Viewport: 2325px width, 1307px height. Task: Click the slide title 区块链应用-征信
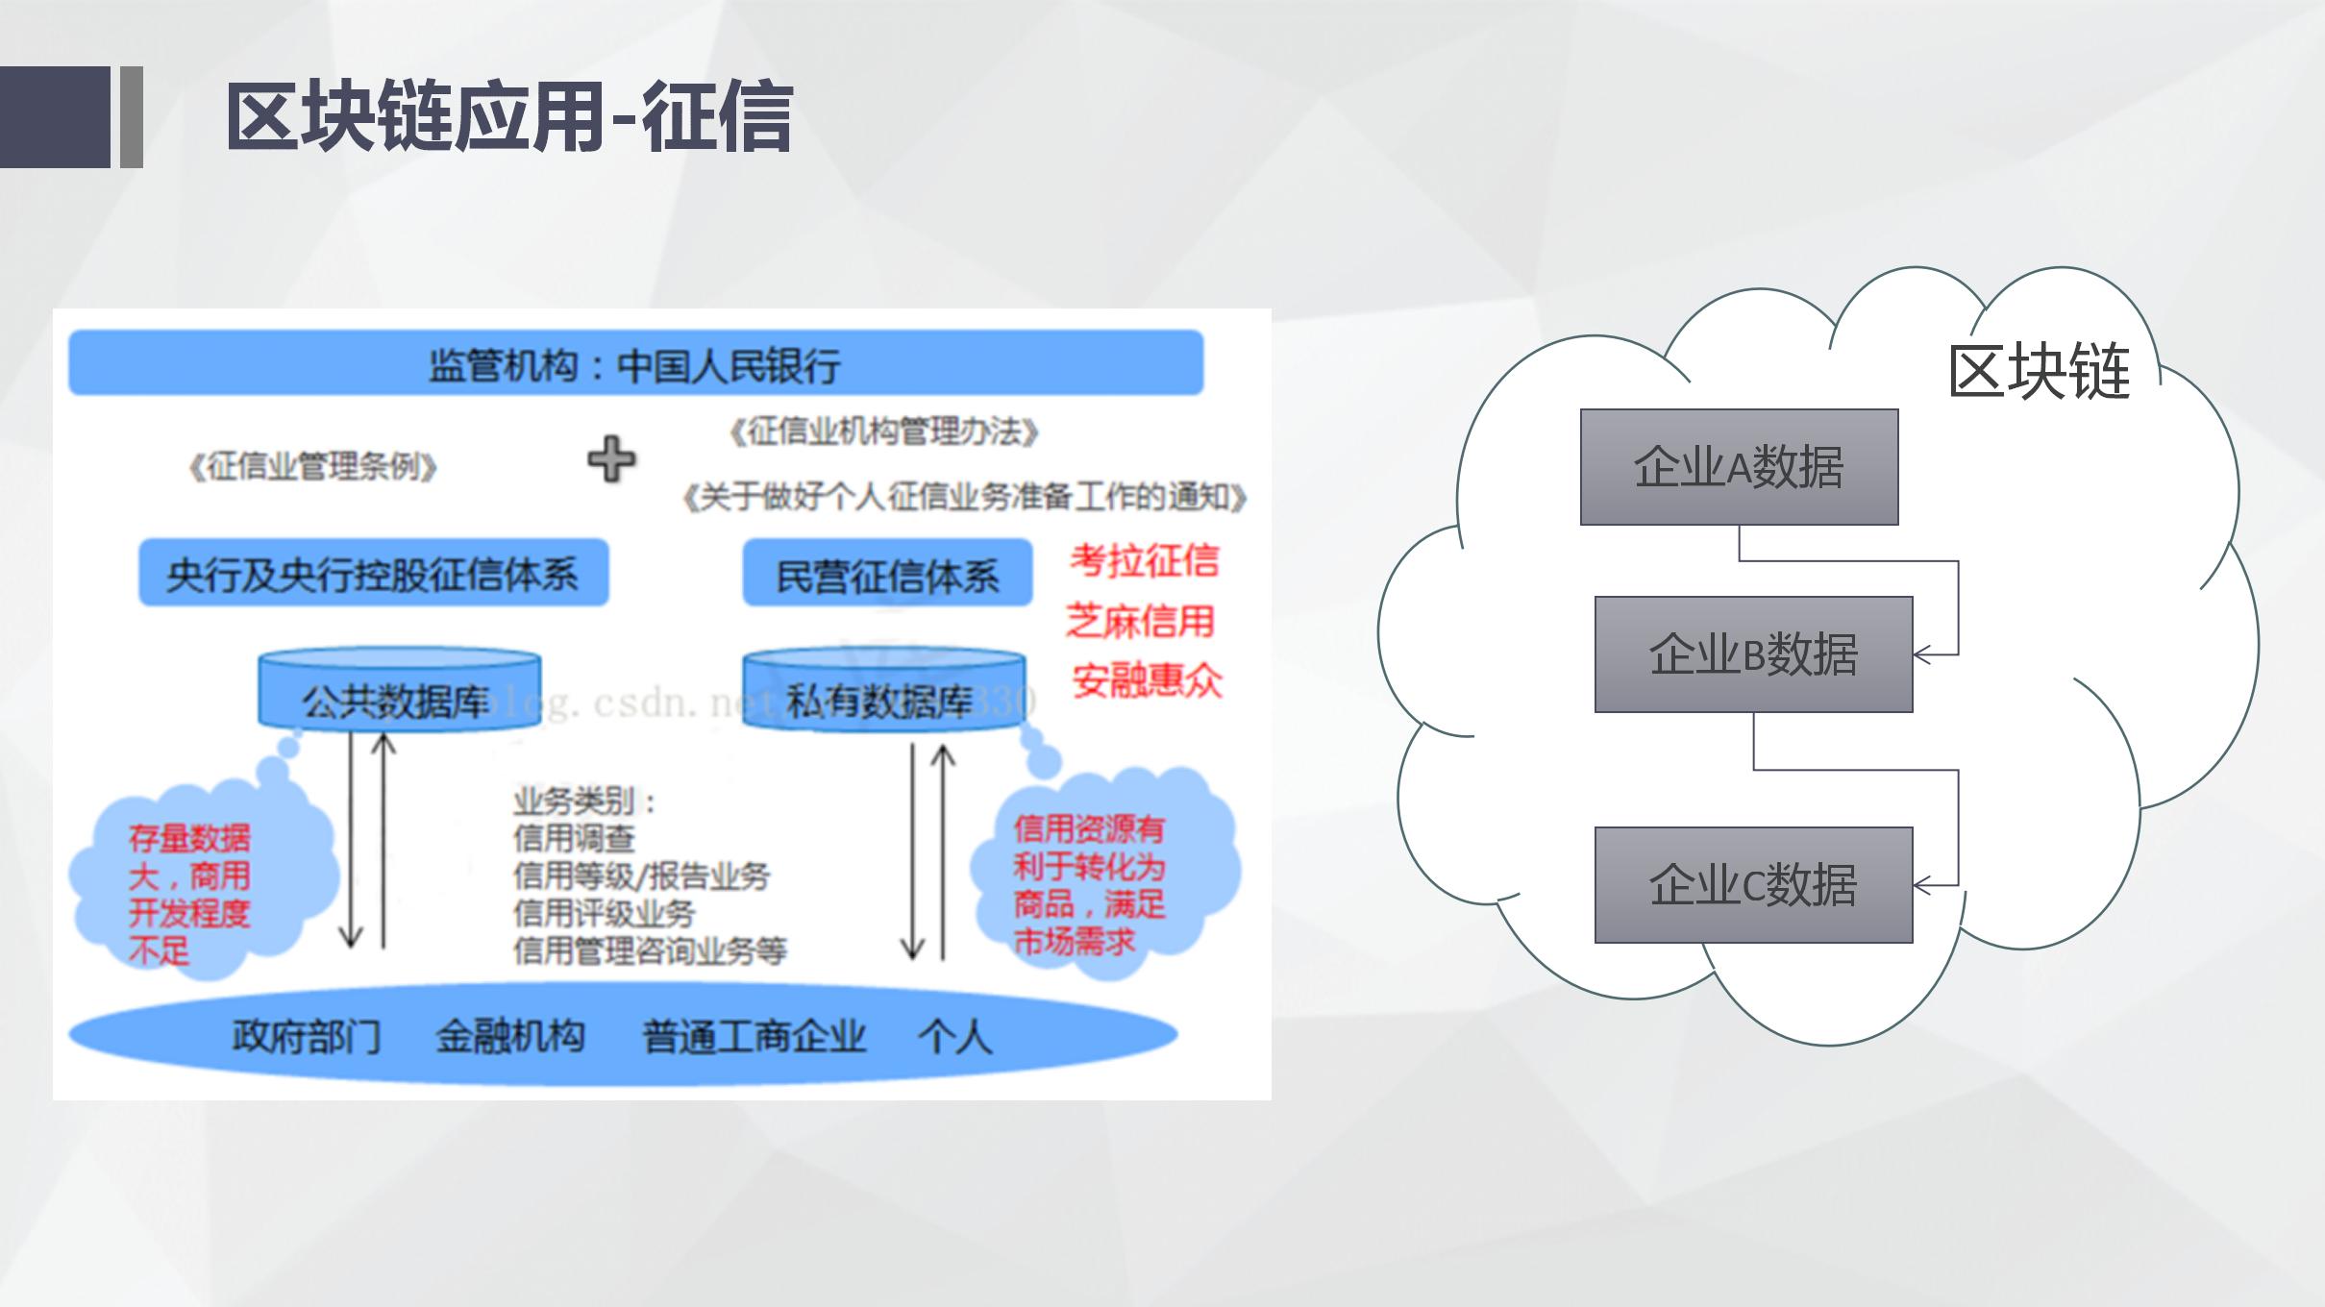tap(509, 117)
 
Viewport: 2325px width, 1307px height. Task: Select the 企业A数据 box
tap(1739, 467)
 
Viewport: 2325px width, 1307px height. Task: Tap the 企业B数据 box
tap(1753, 654)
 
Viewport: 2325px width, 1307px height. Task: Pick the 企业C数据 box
tap(1753, 885)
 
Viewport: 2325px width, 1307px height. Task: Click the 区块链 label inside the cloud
tap(2039, 372)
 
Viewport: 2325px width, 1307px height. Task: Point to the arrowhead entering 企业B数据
tap(1920, 654)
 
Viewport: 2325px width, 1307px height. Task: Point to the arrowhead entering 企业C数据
tap(1920, 885)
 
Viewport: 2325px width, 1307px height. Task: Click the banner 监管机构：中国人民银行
tap(635, 364)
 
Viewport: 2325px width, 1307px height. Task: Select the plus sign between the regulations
tap(612, 458)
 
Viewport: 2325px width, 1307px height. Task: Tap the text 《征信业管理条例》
tap(313, 467)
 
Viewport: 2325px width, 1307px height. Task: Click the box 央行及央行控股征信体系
tap(373, 574)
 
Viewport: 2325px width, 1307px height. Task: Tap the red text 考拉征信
tap(1144, 560)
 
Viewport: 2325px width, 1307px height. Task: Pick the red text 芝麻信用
tap(1140, 621)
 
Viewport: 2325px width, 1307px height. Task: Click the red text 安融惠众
tap(1147, 680)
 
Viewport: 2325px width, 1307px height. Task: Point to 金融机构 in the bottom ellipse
tap(510, 1037)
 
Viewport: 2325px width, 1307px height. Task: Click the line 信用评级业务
tap(604, 913)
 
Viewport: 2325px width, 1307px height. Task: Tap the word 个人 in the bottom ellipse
tap(953, 1037)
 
